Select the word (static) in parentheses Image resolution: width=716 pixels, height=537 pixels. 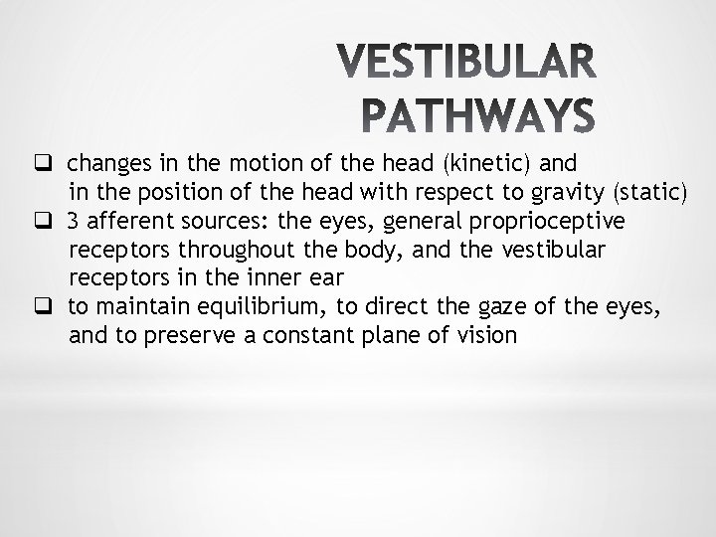click(647, 192)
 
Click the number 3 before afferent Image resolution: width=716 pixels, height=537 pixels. click(74, 221)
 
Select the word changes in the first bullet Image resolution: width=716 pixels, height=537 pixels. click(108, 163)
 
